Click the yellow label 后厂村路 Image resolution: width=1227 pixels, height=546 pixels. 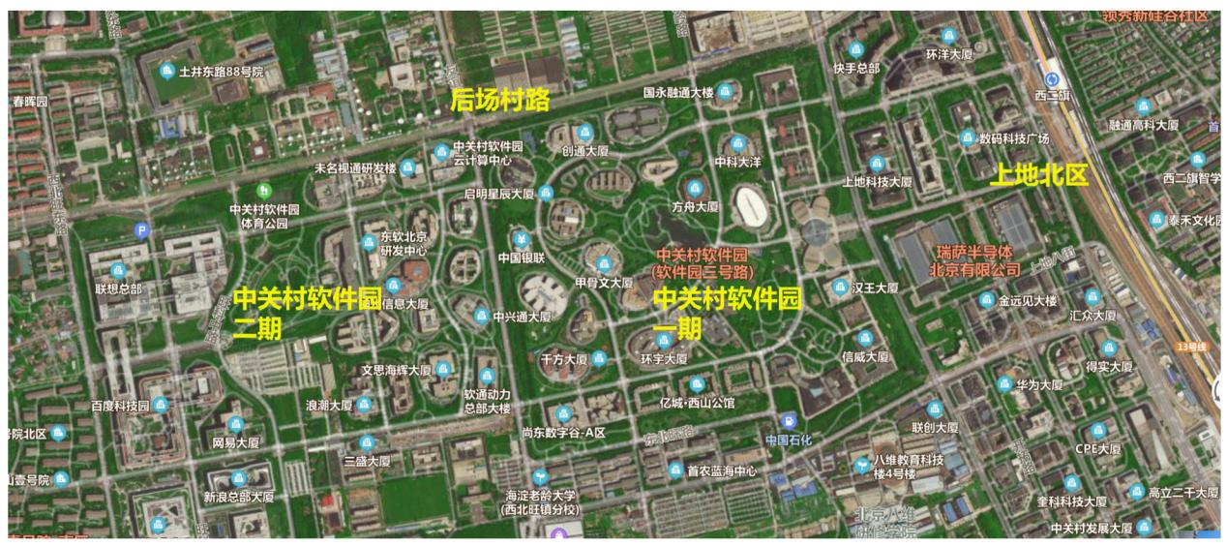pyautogui.click(x=499, y=99)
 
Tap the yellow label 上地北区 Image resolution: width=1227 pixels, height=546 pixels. pyautogui.click(x=1038, y=174)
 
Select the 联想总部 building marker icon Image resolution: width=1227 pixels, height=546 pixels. pyautogui.click(x=119, y=270)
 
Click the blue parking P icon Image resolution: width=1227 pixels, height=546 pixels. pyautogui.click(x=142, y=230)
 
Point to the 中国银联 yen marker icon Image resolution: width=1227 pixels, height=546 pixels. pyautogui.click(x=523, y=239)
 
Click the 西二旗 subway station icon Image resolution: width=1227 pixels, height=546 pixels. pyautogui.click(x=1053, y=79)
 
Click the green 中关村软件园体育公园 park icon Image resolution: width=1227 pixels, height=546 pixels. pyautogui.click(x=263, y=190)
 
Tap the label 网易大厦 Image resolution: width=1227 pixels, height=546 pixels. pyautogui.click(x=235, y=442)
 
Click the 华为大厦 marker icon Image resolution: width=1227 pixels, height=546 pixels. pyautogui.click(x=1005, y=384)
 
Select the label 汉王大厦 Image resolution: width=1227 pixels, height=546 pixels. pyautogui.click(x=877, y=288)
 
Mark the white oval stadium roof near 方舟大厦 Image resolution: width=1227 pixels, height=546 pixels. pyautogui.click(x=753, y=205)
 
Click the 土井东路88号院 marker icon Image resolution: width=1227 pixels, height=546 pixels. pyautogui.click(x=167, y=71)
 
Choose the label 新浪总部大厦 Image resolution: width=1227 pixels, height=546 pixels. pyautogui.click(x=238, y=497)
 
